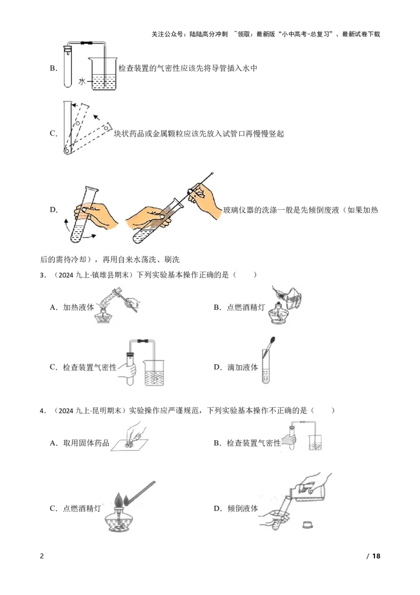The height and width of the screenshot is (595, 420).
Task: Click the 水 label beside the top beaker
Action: pos(82,81)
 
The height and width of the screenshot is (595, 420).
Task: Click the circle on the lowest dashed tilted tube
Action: pos(107,127)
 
